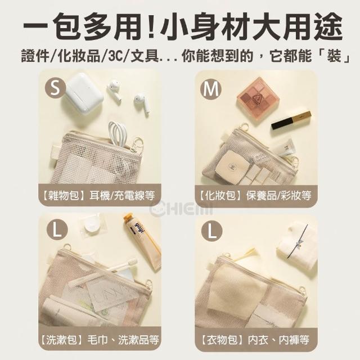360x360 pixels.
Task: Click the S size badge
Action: click(x=55, y=88)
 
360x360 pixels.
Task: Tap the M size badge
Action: click(x=211, y=89)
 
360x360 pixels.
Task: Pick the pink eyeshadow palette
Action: click(x=259, y=101)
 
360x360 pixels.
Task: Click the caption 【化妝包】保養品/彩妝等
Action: click(x=255, y=195)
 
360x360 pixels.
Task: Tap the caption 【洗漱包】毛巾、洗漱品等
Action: click(x=100, y=340)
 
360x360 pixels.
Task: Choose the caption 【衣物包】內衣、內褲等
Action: click(x=255, y=340)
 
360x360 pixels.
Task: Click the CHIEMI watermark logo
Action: click(x=181, y=209)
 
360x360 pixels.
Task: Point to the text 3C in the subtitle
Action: click(x=116, y=56)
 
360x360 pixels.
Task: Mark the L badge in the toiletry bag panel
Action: click(x=57, y=229)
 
